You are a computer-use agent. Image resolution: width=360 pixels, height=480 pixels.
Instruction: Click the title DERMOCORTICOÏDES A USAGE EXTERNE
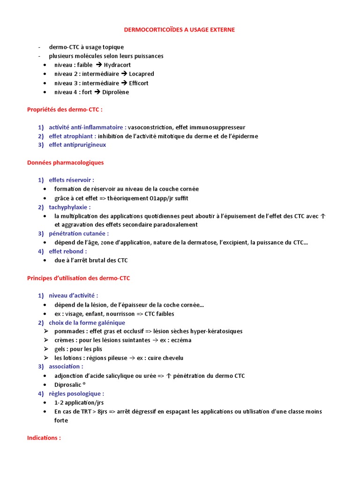pos(180,30)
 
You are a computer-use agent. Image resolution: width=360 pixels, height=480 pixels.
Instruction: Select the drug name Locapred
pos(141,74)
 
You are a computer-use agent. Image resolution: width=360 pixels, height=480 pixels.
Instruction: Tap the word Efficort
pos(139,83)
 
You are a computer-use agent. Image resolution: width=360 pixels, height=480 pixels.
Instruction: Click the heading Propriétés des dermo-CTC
pos(65,110)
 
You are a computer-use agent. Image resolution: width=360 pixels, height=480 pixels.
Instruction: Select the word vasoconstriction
pos(150,127)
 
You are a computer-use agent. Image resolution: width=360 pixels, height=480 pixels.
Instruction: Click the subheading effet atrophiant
pos(72,136)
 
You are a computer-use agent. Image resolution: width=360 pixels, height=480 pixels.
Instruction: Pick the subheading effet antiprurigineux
pos(77,145)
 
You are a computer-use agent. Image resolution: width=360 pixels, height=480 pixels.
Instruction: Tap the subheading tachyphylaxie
pos(69,207)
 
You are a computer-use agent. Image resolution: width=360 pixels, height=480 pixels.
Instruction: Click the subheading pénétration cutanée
pos(78,233)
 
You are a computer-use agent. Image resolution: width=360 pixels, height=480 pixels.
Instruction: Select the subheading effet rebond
pos(67,251)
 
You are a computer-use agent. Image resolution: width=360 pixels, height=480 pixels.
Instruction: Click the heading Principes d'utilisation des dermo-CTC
pos(78,278)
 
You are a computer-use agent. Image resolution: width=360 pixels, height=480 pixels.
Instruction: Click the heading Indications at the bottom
pos(44,437)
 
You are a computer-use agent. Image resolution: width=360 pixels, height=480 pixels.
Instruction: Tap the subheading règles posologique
pos(76,393)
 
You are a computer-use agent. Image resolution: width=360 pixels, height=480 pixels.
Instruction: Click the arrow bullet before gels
pos(46,349)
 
